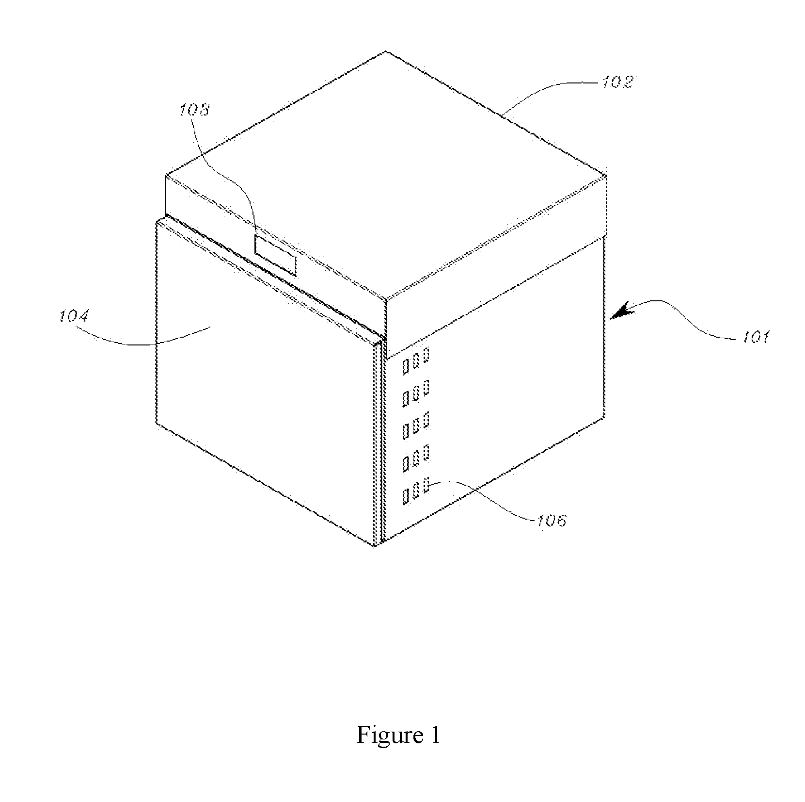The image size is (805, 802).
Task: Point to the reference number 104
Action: coord(74,317)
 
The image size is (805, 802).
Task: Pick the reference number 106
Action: coord(551,521)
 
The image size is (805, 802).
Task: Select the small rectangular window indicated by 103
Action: coord(275,255)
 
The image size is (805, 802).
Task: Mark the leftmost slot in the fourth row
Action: coord(406,463)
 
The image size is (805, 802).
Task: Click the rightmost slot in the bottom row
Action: coord(426,485)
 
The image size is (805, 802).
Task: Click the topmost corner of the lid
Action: coord(386,51)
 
